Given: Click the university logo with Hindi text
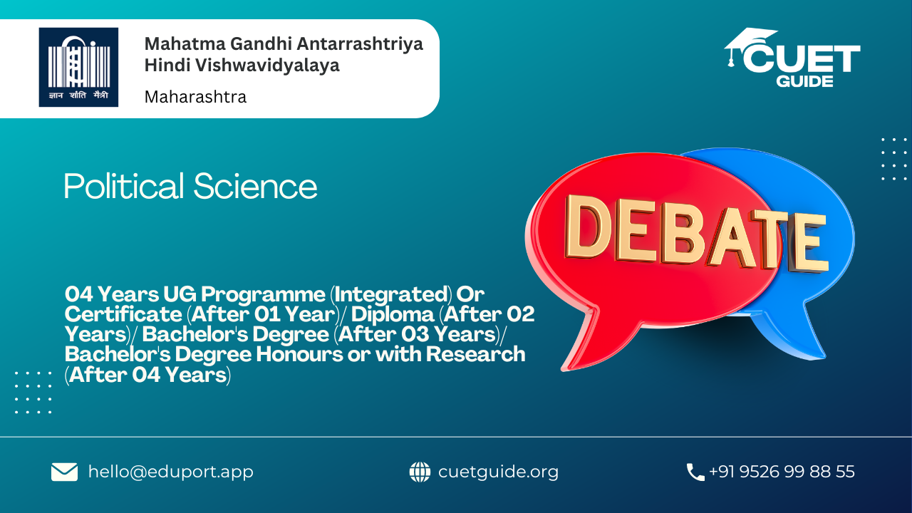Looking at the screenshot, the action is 78,67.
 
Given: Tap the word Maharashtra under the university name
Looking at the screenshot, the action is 195,97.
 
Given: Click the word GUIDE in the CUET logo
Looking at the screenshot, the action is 804,81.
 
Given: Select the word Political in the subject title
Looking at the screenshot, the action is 124,186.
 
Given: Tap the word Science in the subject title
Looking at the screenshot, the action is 255,186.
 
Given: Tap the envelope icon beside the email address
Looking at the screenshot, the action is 64,472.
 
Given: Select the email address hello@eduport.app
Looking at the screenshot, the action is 170,472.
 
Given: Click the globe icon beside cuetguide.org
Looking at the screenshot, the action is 420,472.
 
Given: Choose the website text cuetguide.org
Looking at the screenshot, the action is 498,472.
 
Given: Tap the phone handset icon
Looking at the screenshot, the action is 695,472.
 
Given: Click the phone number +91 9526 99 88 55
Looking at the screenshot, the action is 782,472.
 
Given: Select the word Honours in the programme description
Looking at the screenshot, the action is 299,354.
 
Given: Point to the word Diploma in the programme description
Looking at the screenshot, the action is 393,314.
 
